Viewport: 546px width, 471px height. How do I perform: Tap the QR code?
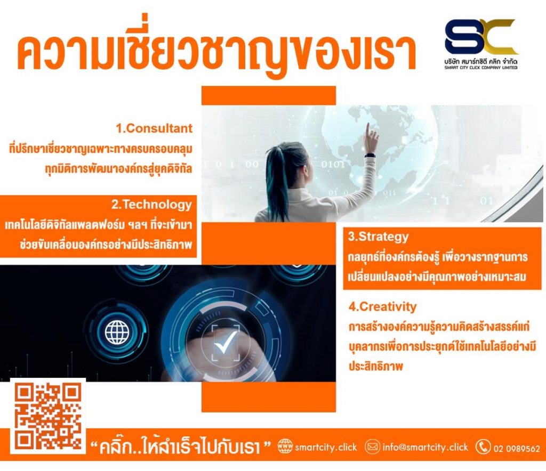coord(48,416)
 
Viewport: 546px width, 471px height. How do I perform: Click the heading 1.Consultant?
coord(154,128)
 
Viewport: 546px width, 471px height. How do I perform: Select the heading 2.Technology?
coord(151,205)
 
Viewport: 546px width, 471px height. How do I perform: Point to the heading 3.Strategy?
coord(378,237)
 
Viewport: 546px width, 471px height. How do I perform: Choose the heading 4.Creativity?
coord(382,306)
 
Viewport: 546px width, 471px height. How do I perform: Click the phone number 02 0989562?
coord(516,449)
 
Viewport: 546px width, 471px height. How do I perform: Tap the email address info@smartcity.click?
coord(425,447)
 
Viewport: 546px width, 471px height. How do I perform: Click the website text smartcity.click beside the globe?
coord(326,447)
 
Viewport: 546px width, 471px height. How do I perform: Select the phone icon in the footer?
coord(483,447)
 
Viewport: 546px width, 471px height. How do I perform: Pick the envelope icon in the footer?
coord(372,446)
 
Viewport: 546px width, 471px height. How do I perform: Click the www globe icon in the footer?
coord(285,446)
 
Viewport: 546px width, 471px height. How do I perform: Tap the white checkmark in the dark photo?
coord(225,341)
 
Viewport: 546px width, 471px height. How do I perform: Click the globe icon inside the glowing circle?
coord(117,332)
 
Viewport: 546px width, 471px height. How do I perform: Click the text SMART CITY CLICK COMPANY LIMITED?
coord(481,68)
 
